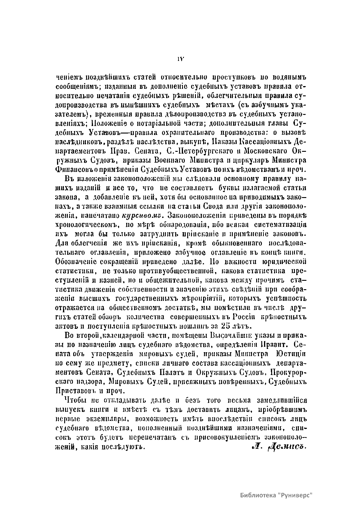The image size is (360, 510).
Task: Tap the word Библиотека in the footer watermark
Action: coord(257,495)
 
